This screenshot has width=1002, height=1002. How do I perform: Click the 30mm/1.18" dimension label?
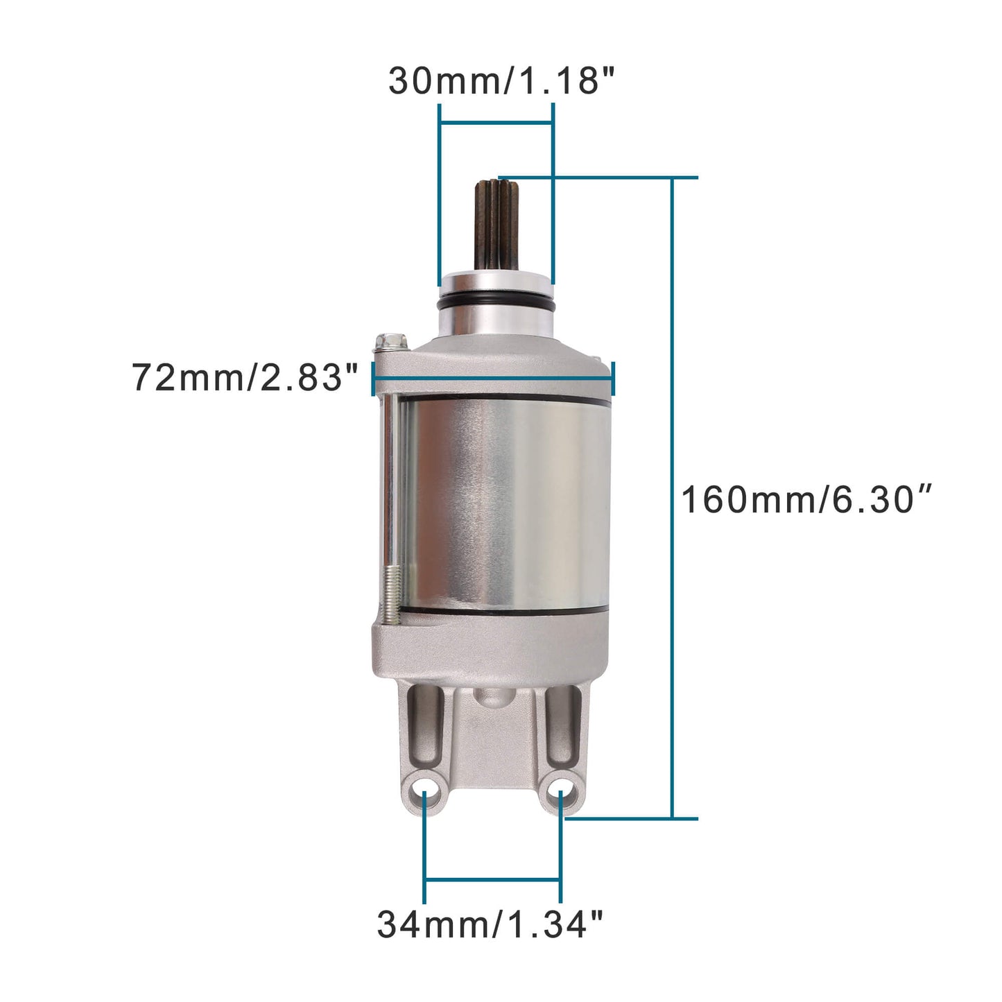pos(501,80)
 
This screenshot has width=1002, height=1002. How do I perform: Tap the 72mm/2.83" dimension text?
pos(245,378)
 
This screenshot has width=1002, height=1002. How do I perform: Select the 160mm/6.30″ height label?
pos(807,500)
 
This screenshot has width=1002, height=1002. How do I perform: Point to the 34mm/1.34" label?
pos(490,924)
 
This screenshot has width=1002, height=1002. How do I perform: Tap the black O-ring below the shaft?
pos(496,305)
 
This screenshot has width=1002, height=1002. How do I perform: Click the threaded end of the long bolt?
pos(390,594)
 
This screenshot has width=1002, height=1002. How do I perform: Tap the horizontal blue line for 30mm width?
pos(496,123)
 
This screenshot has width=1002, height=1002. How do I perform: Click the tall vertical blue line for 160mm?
pos(672,499)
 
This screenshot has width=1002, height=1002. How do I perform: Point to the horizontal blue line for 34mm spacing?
pos(492,881)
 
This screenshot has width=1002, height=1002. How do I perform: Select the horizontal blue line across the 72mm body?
pos(494,378)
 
